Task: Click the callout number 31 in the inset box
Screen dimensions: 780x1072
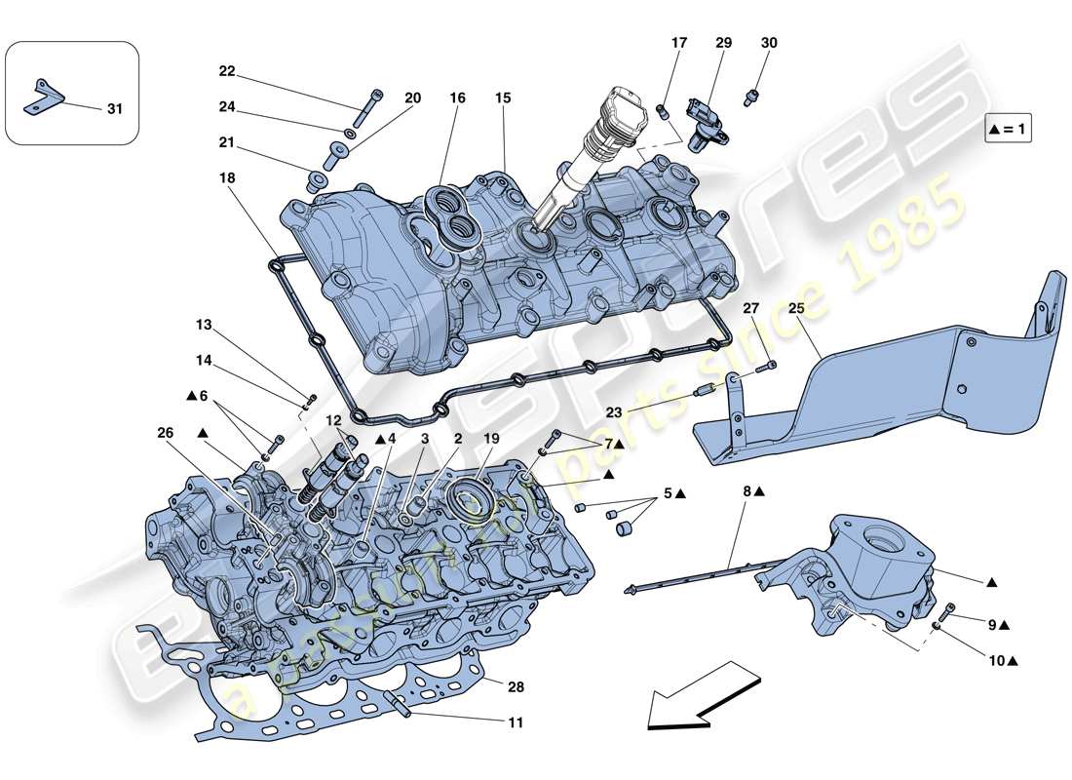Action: click(x=115, y=108)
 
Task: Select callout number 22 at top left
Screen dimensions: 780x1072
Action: click(x=227, y=71)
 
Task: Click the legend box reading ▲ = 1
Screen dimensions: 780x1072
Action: click(x=1008, y=130)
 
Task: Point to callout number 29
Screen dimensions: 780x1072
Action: click(x=722, y=43)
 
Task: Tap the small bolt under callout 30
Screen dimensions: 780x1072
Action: click(x=751, y=96)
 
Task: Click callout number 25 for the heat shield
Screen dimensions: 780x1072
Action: click(x=796, y=309)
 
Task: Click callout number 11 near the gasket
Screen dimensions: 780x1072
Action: click(x=516, y=722)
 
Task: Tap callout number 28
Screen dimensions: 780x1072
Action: click(x=516, y=687)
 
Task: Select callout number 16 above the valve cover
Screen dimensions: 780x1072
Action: click(x=457, y=98)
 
